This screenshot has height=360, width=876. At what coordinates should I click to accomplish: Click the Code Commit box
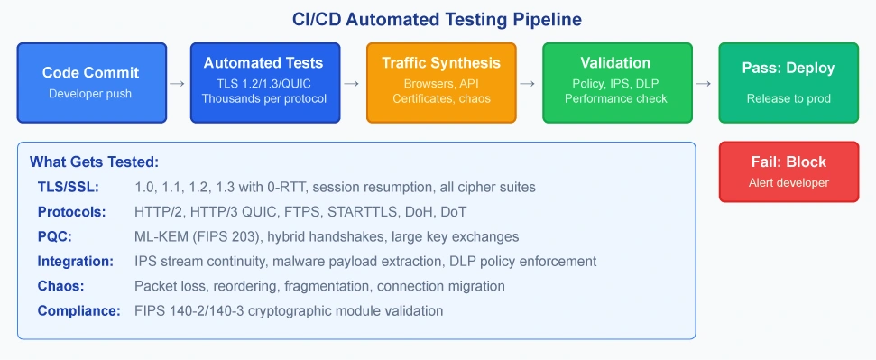(x=92, y=83)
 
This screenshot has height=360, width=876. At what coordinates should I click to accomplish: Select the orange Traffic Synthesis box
(x=441, y=83)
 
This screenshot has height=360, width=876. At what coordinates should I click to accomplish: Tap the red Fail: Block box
(x=788, y=171)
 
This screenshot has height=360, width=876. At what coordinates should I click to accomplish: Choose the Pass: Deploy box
(x=788, y=83)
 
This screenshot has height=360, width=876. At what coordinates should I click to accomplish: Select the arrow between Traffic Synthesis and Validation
(x=529, y=83)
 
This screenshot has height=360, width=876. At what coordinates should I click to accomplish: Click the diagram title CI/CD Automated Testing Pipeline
(x=438, y=20)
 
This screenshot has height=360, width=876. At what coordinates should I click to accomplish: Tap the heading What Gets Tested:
(x=95, y=162)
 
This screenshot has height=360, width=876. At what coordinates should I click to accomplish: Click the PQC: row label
(x=55, y=236)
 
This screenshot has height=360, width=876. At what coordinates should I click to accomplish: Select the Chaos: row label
(x=60, y=286)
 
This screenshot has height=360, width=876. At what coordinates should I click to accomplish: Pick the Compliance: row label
(x=78, y=310)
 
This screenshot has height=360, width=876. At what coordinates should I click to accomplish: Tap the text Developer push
(x=90, y=93)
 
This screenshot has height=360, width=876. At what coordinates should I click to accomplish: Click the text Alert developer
(x=788, y=183)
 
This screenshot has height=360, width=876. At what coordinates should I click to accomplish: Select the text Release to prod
(x=788, y=99)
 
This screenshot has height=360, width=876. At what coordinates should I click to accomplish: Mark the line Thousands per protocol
(x=265, y=99)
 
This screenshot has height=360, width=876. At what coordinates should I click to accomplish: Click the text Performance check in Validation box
(x=616, y=99)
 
